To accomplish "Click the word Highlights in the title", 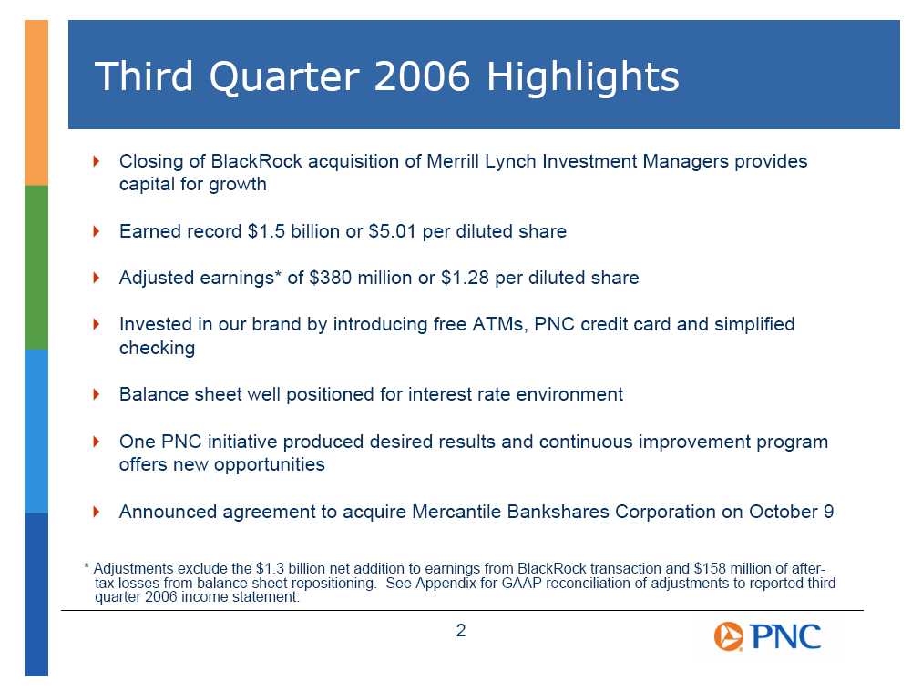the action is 583,77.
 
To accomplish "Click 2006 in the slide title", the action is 422,76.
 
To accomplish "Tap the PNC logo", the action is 767,636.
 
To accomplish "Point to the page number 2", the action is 461,631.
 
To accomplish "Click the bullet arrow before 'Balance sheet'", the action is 97,393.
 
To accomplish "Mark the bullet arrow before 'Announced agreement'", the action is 97,512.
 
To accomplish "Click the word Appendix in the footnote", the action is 440,583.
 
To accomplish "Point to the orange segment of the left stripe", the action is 36,103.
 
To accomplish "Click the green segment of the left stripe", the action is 36,268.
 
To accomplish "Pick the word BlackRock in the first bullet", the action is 256,161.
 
